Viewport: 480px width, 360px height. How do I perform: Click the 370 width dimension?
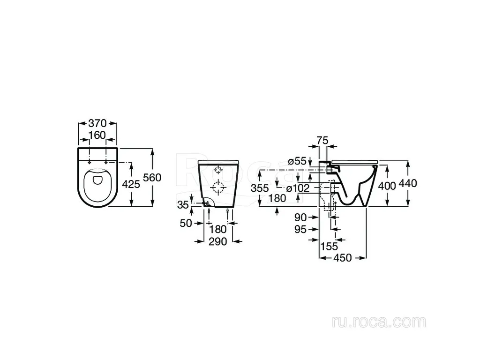97,123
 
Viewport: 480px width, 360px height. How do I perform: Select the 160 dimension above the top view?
97,135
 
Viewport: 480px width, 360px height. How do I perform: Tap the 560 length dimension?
152,178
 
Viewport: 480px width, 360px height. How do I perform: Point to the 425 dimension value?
131,184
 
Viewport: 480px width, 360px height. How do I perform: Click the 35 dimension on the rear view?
183,204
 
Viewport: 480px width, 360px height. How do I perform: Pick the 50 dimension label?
186,223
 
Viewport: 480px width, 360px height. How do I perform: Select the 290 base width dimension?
218,241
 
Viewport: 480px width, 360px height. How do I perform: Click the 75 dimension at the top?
322,141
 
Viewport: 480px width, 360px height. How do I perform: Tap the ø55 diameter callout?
297,161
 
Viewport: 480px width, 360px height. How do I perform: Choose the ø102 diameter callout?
298,188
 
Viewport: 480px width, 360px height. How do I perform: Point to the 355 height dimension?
260,188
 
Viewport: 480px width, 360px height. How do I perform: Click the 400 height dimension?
387,186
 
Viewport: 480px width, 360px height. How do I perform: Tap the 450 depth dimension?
343,258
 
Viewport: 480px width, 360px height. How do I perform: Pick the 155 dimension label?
329,246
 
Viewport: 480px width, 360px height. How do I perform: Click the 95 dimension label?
300,229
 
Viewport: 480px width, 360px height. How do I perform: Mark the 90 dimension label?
300,217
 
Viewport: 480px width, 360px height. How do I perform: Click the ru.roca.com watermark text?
379,322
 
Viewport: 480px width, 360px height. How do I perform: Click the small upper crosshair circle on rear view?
218,170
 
